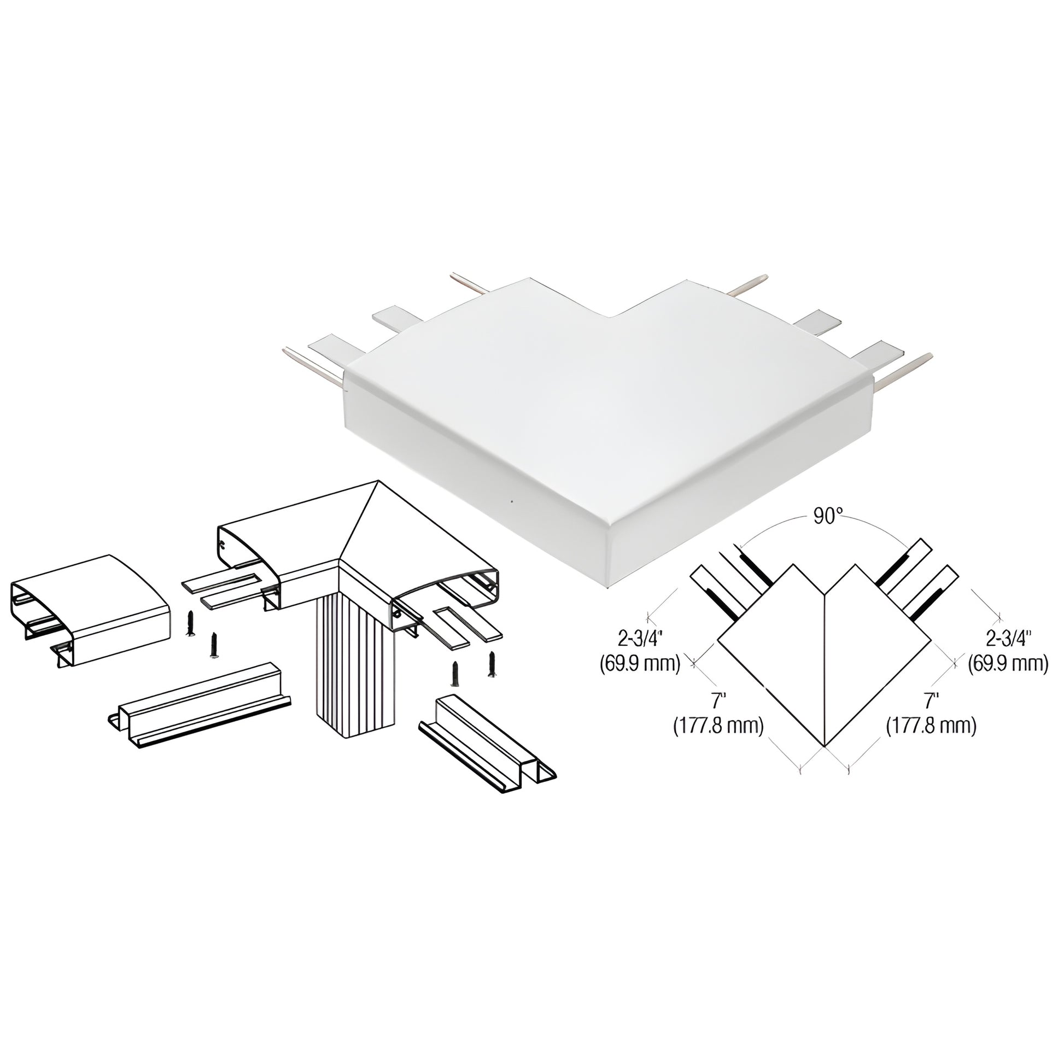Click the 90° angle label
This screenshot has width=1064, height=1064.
click(828, 517)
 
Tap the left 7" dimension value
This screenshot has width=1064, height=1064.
click(717, 701)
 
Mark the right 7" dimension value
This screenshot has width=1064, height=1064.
click(931, 701)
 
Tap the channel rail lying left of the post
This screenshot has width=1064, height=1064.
click(200, 706)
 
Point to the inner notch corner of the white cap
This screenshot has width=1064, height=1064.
click(610, 317)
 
